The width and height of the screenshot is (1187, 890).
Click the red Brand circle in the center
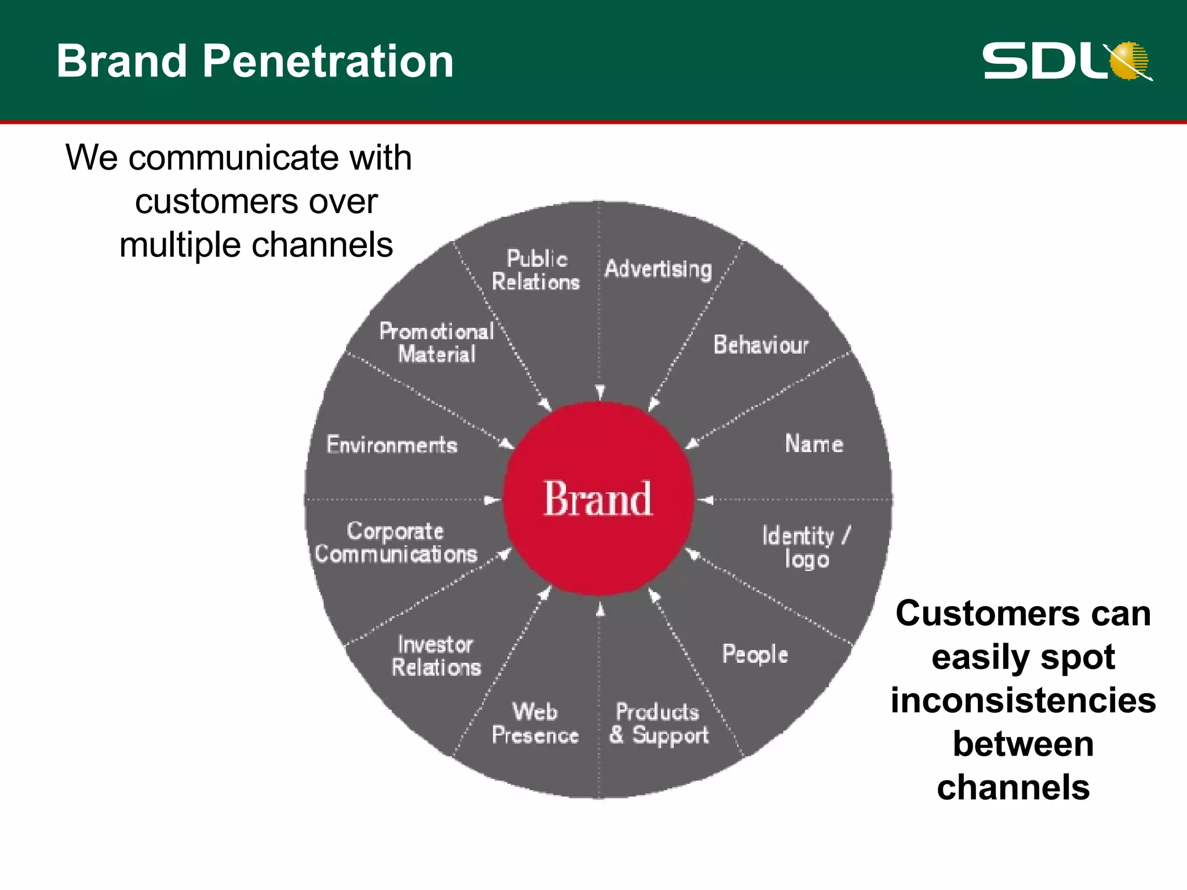coord(598,498)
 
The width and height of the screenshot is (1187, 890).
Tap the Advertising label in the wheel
coord(658,269)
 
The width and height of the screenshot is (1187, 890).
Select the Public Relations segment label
coord(536,271)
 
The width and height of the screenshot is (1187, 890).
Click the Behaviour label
coord(760,345)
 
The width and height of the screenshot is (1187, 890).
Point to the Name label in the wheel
coord(814,444)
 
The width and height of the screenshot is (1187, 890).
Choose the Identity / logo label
coord(806,548)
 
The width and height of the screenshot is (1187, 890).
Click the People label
coord(755,655)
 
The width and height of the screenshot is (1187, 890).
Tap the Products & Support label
coord(658,724)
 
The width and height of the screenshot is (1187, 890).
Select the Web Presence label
coord(535,724)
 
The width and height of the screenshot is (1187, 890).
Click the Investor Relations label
coord(436,656)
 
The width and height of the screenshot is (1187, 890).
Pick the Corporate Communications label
coord(396,543)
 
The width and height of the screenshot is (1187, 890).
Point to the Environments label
coord(392,445)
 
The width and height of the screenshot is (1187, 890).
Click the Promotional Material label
coord(436,343)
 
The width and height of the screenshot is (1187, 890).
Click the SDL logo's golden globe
coord(1129,60)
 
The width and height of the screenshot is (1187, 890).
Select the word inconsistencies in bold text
coord(1023,701)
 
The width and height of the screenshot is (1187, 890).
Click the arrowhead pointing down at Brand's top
coord(600,392)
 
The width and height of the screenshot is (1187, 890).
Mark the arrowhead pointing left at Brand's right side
coord(705,499)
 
